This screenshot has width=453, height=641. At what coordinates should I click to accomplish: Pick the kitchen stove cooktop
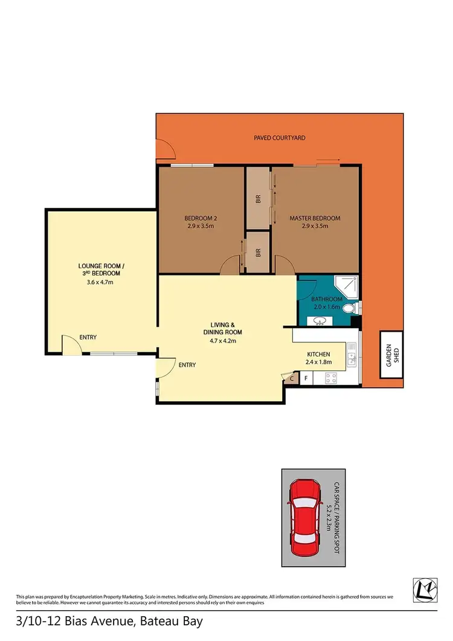(332, 378)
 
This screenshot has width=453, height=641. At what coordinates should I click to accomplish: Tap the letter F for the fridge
(306, 379)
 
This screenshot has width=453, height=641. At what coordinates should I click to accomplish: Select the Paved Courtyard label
(280, 138)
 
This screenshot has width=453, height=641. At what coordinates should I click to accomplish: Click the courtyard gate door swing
(164, 149)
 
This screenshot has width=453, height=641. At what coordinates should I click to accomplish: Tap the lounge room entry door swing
(71, 344)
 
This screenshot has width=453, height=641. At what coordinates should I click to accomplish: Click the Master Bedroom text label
(315, 218)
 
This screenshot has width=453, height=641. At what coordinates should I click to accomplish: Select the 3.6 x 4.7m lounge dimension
(101, 282)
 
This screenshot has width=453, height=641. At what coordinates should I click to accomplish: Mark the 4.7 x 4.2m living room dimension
(222, 340)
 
